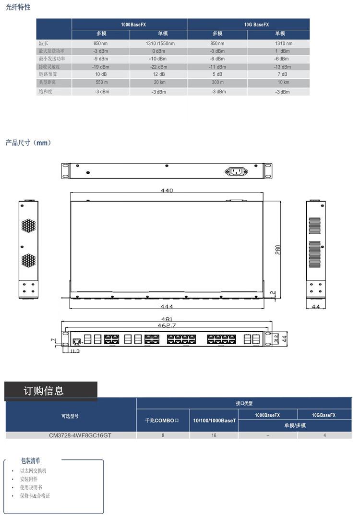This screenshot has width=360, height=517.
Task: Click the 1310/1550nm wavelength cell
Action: pyautogui.click(x=160, y=43)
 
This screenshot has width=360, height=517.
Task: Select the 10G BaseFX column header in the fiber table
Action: pyautogui.click(x=256, y=24)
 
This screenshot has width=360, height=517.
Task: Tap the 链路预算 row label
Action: pyautogui.click(x=48, y=74)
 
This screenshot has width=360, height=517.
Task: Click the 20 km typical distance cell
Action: pyautogui.click(x=159, y=82)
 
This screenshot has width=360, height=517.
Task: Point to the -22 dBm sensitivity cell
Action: pyautogui.click(x=158, y=67)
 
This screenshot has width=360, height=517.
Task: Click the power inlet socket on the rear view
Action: pyautogui.click(x=236, y=171)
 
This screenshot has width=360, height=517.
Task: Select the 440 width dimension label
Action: pyautogui.click(x=167, y=190)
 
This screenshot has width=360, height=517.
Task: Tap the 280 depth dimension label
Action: pyautogui.click(x=278, y=250)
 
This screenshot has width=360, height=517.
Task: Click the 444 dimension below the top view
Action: pyautogui.click(x=167, y=306)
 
